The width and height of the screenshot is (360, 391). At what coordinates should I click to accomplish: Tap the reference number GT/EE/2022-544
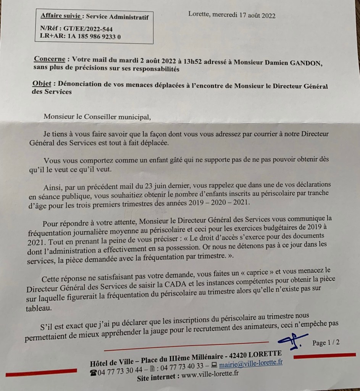point(90,29)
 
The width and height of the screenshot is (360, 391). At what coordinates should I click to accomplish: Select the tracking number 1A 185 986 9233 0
point(93,36)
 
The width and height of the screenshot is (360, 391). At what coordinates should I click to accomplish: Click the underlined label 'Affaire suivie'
point(61,16)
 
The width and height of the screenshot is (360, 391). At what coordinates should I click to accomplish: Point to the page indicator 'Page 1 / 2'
point(326,343)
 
